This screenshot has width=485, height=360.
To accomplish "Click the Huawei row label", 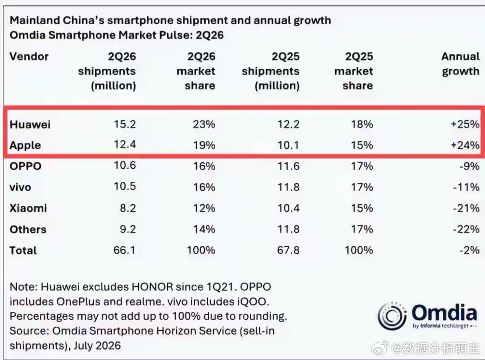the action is click(30, 124).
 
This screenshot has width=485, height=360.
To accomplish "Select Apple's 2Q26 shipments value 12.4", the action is click(125, 145).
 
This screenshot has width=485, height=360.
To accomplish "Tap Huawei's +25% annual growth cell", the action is click(465, 124).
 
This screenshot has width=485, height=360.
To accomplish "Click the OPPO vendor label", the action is click(26, 166).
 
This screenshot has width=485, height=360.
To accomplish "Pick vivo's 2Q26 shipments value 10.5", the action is click(125, 186).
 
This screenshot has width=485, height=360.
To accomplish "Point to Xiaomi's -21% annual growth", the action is click(466, 208).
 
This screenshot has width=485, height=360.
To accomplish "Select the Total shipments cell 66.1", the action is click(124, 250).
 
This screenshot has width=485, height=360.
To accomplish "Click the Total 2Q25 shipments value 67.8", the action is click(288, 250).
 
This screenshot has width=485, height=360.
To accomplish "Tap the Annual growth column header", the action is click(460, 64).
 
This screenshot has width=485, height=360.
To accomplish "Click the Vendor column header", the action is click(29, 57).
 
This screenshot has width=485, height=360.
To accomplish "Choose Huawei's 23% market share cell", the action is click(204, 124).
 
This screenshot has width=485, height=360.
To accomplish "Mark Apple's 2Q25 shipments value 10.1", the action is click(288, 145).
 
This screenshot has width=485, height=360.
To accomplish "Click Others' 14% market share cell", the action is click(204, 229).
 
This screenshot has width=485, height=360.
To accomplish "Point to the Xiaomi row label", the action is click(28, 208).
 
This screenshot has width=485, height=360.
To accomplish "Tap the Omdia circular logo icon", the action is click(392, 316).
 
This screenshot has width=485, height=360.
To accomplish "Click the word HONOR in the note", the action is click(153, 287).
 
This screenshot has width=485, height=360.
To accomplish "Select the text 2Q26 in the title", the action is click(210, 35).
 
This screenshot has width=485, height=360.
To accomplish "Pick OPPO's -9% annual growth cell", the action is click(470, 166).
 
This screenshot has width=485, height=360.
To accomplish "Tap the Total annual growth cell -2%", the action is click(470, 250).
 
